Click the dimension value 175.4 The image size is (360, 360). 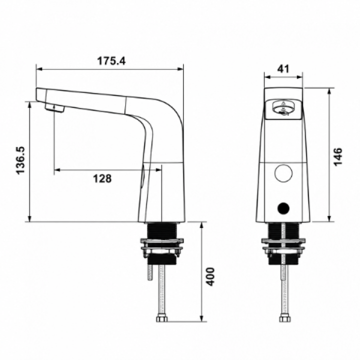[x=111, y=61]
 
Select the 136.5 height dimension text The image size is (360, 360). [x=20, y=160]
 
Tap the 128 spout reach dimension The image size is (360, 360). [x=102, y=178]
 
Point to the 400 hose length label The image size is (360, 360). [x=210, y=276]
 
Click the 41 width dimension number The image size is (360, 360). [x=283, y=68]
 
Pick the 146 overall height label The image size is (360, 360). [x=337, y=157]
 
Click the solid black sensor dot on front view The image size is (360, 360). [x=283, y=208]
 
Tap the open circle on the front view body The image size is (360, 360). [x=283, y=173]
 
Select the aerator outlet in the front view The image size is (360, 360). [x=283, y=108]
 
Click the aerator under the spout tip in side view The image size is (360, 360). [x=54, y=108]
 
